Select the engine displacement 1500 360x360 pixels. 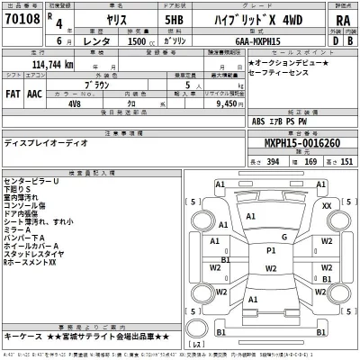(139, 40)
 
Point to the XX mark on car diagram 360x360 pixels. (327, 206)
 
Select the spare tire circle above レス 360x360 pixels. (197, 332)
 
